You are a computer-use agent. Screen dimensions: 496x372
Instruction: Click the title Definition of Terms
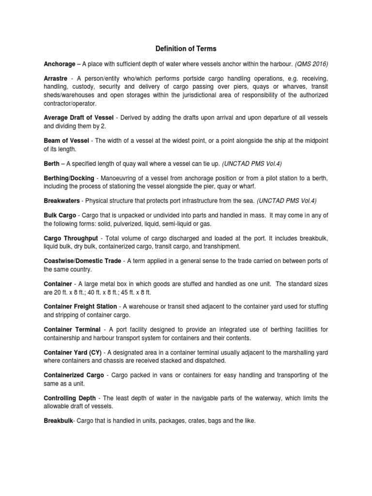[x=186, y=49]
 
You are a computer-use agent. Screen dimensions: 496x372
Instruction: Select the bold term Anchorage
[x=60, y=64]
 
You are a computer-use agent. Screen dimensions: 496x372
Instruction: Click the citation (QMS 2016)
[x=310, y=64]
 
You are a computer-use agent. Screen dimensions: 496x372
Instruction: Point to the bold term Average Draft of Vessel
[x=78, y=118]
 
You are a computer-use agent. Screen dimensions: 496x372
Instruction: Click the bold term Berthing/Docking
[x=69, y=178]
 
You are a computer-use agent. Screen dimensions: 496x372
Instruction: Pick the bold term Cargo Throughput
[x=71, y=238]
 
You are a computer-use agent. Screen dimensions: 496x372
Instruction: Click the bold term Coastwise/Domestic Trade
[x=82, y=261]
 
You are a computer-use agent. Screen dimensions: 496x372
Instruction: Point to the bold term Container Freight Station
[x=80, y=306]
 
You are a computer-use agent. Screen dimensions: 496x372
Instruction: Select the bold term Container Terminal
[x=71, y=329]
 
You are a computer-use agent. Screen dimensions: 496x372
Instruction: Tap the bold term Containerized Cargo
[x=74, y=375]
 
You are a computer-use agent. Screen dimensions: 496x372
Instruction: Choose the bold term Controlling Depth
[x=70, y=398]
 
